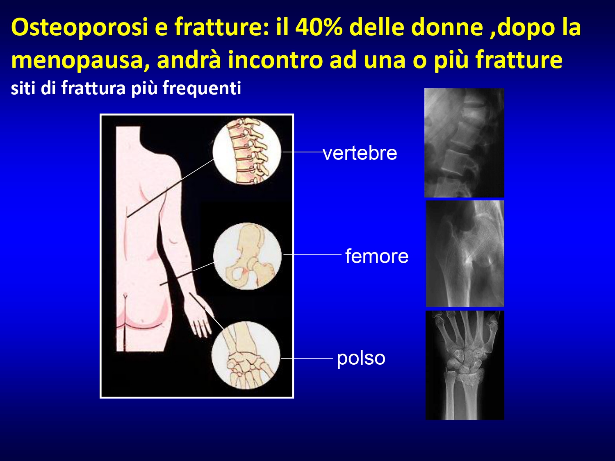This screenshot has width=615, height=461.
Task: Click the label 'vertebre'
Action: pos(360,153)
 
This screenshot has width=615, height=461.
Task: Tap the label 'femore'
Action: pos(377,256)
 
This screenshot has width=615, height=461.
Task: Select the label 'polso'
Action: pos(361,359)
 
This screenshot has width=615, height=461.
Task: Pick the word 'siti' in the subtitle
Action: pos(24,88)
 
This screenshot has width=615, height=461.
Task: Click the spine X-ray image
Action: pos(464,143)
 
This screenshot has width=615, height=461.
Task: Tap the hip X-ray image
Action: pos(465,254)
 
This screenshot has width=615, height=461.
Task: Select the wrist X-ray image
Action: pos(465,365)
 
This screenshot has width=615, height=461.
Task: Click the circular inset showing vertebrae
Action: pos(247,152)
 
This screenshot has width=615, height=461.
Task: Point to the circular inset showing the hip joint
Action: pos(247,256)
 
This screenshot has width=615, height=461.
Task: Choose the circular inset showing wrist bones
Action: pos(246,355)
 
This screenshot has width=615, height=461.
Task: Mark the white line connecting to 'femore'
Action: pos(313,254)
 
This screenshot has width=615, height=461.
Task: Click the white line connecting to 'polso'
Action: pos(307,358)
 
